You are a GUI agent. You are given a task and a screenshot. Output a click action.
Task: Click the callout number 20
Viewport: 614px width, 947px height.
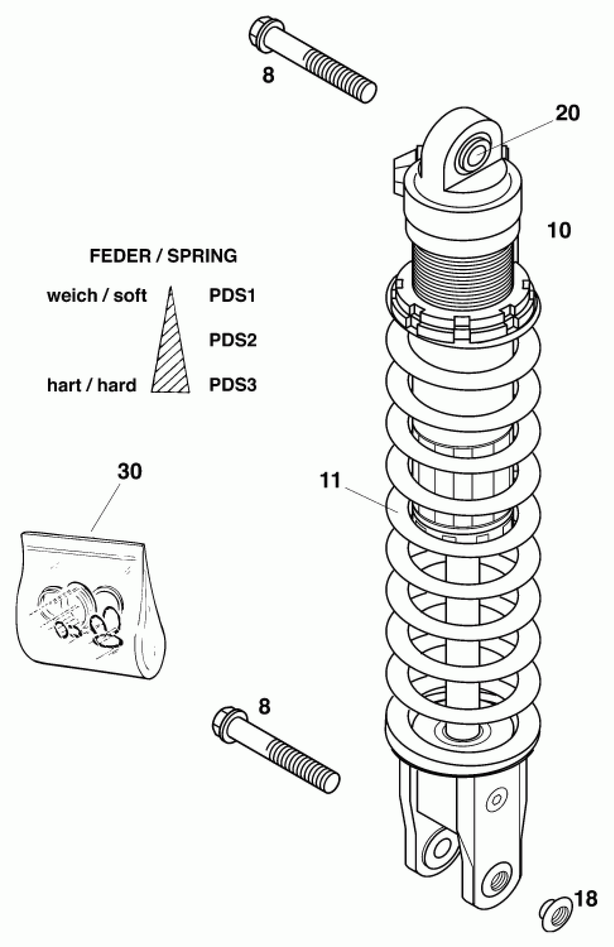tap(567, 113)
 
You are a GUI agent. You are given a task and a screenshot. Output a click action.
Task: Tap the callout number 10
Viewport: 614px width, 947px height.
tap(559, 230)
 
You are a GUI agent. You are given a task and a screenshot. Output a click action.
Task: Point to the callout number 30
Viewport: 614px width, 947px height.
tap(130, 472)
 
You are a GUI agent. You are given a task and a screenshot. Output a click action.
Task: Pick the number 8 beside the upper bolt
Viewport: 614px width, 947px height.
tap(268, 75)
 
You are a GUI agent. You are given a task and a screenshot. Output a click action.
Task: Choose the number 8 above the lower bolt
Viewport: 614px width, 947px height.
tap(264, 707)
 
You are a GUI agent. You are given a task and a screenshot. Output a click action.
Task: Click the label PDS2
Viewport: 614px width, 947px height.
tap(233, 340)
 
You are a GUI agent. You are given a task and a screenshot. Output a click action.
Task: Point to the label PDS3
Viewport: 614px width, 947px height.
tap(233, 385)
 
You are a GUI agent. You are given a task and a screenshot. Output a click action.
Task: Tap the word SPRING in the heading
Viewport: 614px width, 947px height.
tap(202, 256)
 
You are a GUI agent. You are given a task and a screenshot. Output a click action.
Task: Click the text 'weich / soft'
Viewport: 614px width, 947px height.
tap(97, 296)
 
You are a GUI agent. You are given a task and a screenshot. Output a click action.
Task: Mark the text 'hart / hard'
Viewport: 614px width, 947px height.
tap(91, 385)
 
